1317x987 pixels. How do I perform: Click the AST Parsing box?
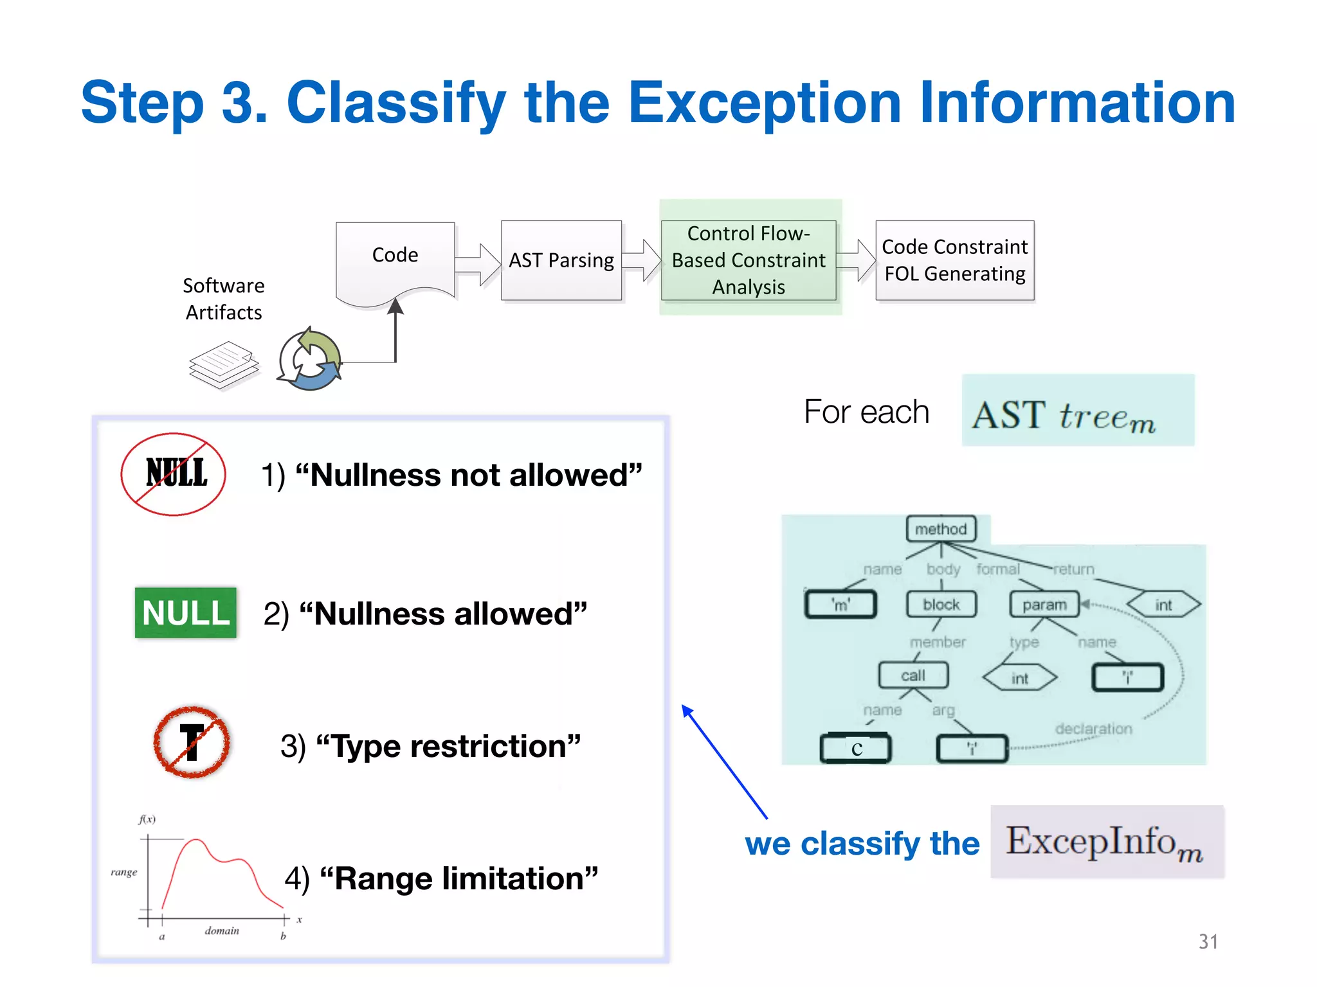coord(561,260)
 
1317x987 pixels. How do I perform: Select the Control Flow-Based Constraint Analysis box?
coord(749,260)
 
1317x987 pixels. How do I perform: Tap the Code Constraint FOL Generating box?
coord(954,260)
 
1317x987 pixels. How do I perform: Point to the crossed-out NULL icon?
coord(174,474)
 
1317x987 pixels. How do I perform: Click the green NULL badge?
coord(186,612)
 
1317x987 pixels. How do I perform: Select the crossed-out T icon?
coord(192,743)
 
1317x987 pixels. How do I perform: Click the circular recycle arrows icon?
coord(310,360)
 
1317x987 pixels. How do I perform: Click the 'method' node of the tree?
coord(941,529)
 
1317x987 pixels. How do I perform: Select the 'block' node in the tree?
coord(941,605)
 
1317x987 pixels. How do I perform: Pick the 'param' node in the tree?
coord(1044,605)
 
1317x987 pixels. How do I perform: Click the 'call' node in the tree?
coord(913,675)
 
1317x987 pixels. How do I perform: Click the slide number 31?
coord(1208,941)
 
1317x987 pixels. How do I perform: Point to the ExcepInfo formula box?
coord(1107,842)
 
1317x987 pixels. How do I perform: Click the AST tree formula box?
coord(1078,411)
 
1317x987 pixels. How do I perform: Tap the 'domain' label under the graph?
coord(222,930)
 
